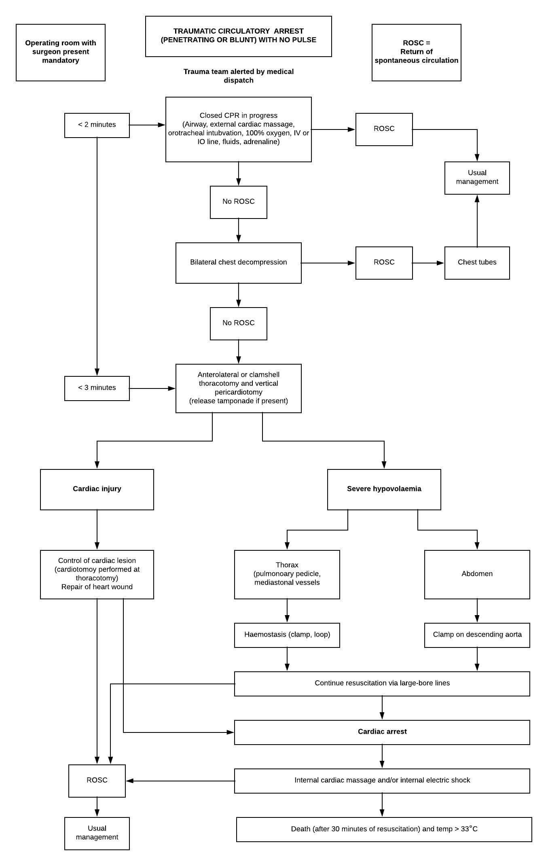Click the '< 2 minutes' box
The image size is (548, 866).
coord(97,125)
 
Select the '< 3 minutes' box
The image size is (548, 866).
coord(97,388)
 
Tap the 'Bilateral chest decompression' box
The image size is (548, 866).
coord(239,263)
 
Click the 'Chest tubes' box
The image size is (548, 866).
coord(477,263)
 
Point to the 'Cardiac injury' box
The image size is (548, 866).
coord(97,490)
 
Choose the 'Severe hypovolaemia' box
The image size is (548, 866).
coord(384,490)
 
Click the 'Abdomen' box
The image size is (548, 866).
coord(477,575)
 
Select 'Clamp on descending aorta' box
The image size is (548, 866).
coord(477,635)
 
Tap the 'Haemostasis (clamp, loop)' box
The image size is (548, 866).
coord(287,635)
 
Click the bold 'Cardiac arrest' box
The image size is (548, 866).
coord(382,732)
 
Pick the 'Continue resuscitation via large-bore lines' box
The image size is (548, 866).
coord(382,684)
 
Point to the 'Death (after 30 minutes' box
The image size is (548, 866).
coord(384,830)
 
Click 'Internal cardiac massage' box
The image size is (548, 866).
coord(382,781)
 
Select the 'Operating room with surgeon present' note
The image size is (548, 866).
coord(61,53)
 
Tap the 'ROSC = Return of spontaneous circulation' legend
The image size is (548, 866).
coord(417,53)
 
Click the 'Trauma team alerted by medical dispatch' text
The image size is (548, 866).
coord(239,76)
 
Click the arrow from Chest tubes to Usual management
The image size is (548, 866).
coord(477,221)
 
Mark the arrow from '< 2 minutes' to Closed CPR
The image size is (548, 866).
coord(147,125)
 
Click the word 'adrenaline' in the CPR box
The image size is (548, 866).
coord(261,142)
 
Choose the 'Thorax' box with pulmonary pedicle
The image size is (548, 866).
coord(287,575)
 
